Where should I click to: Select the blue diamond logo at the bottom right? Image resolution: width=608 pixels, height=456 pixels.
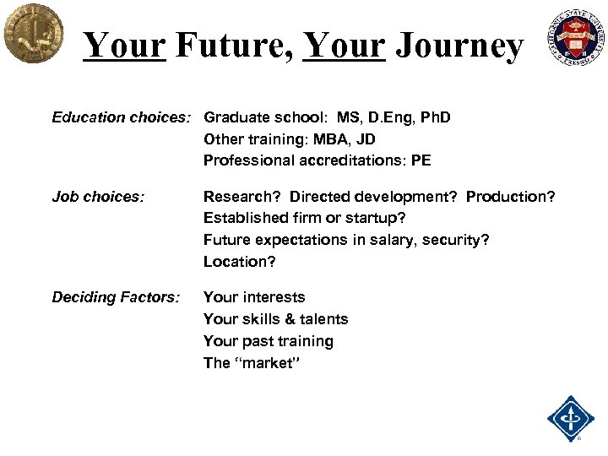tap(571, 418)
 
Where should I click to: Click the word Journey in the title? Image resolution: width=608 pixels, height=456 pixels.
tap(459, 46)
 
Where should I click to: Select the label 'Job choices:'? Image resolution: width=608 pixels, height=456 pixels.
tap(98, 197)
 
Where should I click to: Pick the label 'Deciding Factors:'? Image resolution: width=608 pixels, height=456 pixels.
tap(116, 297)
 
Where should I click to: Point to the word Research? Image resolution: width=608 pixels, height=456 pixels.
tap(242, 197)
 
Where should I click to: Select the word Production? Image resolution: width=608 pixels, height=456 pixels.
tap(510, 197)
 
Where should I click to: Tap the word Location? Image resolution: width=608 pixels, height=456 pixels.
tap(239, 262)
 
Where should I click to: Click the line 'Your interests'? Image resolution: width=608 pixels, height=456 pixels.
tap(254, 297)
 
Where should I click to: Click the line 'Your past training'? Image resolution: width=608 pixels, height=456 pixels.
tap(268, 341)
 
